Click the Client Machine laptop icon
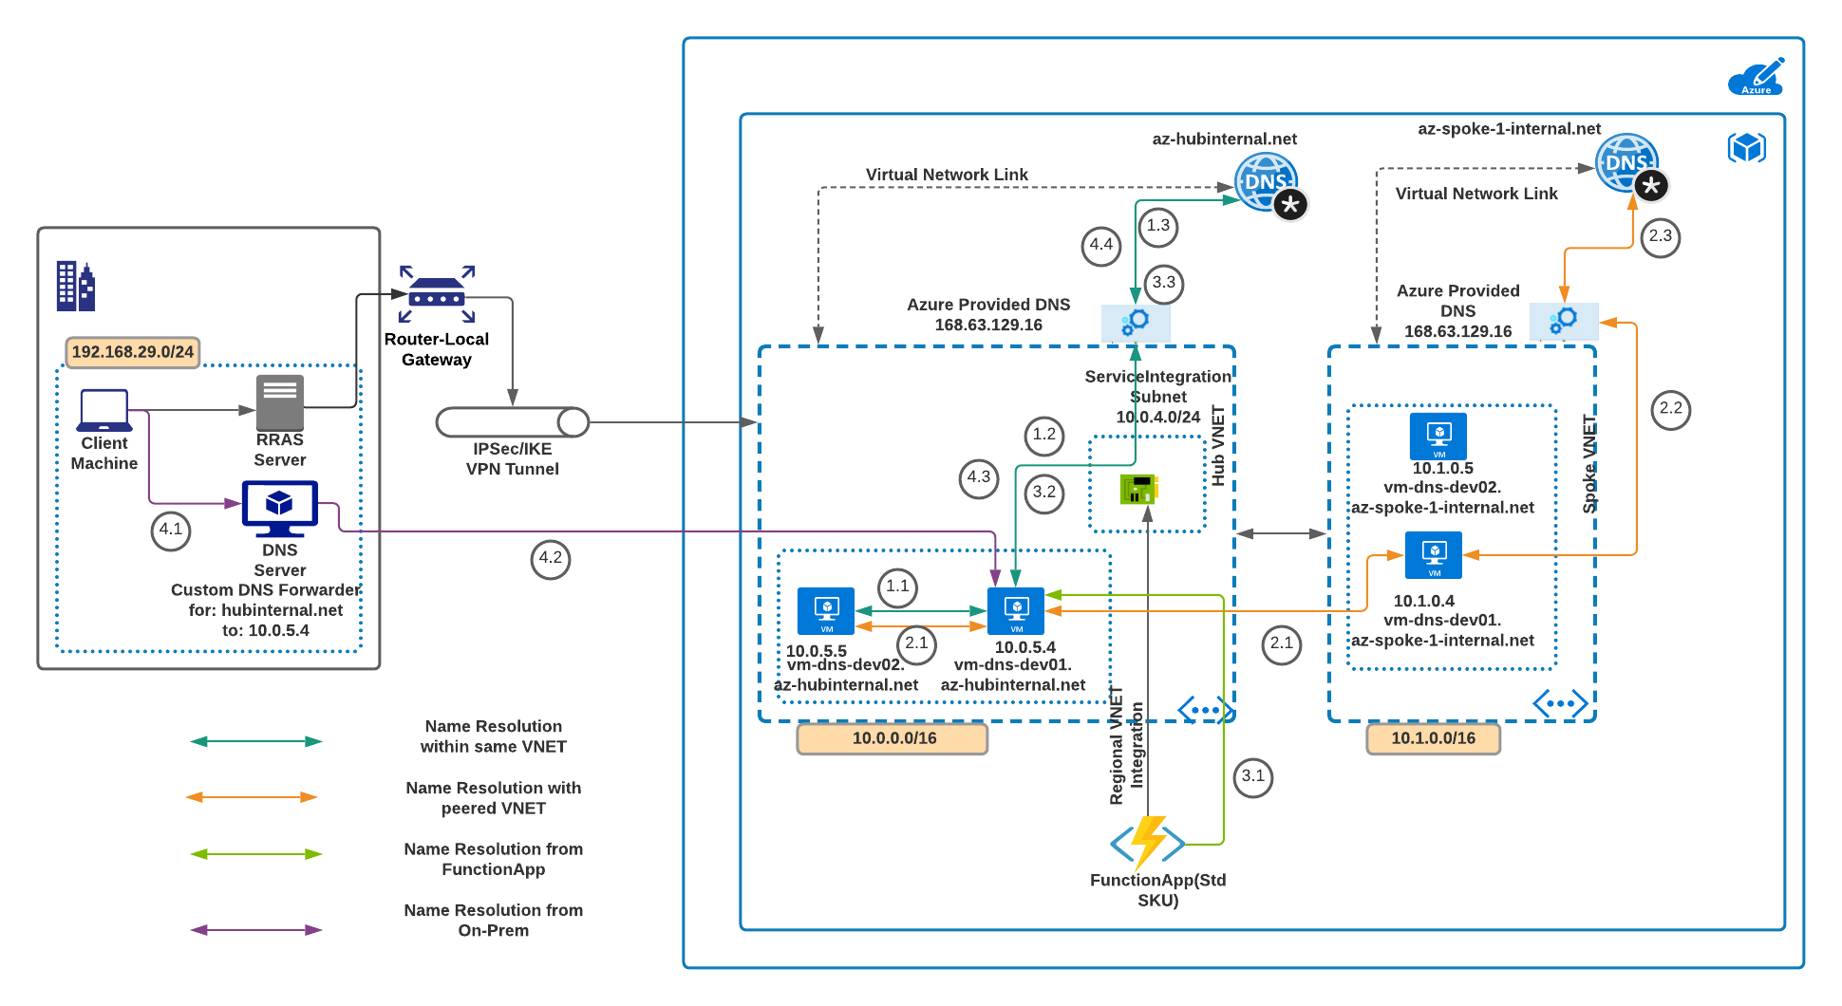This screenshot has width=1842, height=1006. click(104, 410)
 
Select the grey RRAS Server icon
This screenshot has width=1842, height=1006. click(280, 402)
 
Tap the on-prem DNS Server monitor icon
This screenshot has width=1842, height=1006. click(279, 508)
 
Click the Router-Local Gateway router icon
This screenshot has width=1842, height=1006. click(437, 294)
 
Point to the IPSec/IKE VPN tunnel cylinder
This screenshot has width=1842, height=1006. click(513, 422)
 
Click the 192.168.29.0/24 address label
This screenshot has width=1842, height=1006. click(133, 352)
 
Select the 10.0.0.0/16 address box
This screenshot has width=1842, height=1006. click(893, 738)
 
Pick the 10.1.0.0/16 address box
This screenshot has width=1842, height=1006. click(1433, 738)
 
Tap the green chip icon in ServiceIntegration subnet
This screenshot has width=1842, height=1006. click(1138, 489)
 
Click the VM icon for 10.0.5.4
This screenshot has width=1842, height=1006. click(1016, 611)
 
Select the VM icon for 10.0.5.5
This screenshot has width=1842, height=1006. click(826, 611)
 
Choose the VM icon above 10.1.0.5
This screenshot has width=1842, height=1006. click(1438, 437)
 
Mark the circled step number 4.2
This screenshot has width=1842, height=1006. click(551, 559)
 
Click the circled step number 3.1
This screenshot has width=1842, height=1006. click(1253, 777)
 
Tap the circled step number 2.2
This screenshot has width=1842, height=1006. click(1671, 410)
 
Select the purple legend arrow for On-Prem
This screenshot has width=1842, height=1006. click(256, 930)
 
